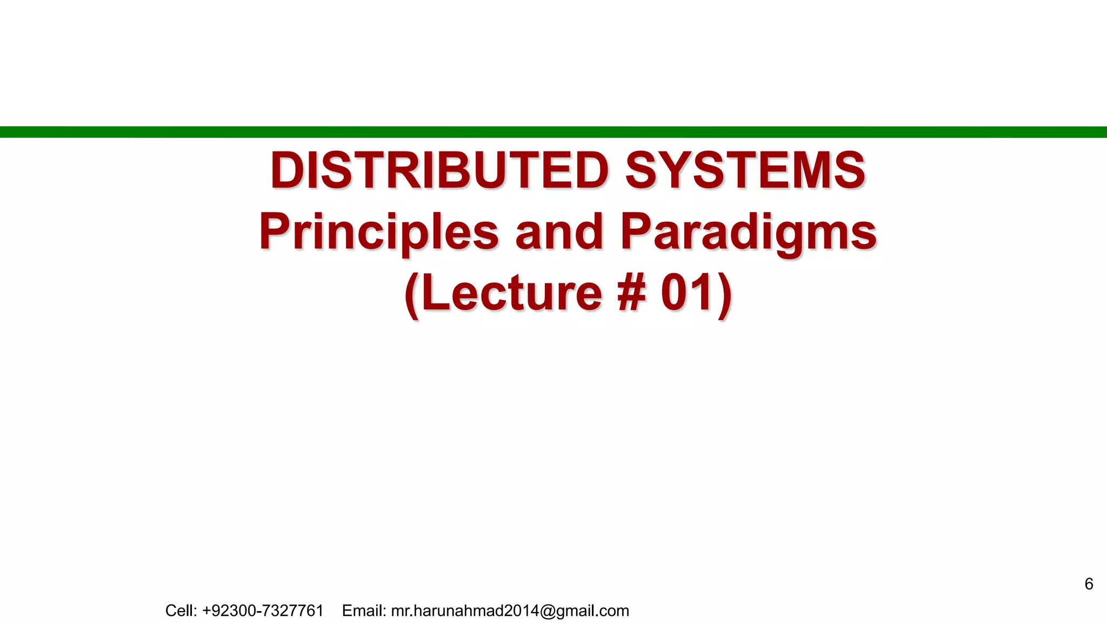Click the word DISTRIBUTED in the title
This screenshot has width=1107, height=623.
click(439, 170)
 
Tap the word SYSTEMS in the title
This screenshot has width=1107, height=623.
click(745, 170)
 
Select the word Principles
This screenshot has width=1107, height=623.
click(379, 232)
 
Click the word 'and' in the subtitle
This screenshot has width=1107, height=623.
click(559, 232)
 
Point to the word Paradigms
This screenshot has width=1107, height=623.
click(748, 232)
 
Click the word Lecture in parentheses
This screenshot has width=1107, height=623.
click(511, 293)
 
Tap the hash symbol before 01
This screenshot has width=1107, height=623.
click(631, 293)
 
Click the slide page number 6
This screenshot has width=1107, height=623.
click(1089, 584)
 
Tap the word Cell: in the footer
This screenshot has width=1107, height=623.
click(181, 611)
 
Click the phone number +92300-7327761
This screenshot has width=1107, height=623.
click(263, 611)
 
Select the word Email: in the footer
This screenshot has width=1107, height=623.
click(364, 611)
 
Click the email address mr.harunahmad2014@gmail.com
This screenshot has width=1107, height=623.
click(510, 611)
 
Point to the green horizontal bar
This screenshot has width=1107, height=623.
click(553, 132)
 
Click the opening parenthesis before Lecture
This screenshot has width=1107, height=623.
click(412, 295)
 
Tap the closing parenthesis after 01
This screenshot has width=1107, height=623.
click(725, 295)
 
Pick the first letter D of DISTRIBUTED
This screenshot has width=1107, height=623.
click(286, 170)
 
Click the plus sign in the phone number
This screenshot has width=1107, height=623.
click(206, 611)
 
